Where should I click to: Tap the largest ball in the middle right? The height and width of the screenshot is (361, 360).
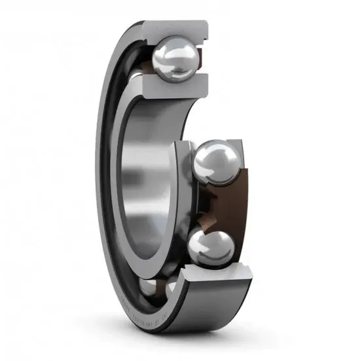pyautogui.click(x=218, y=163)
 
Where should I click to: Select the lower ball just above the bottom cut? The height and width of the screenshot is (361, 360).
pyautogui.click(x=211, y=246)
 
